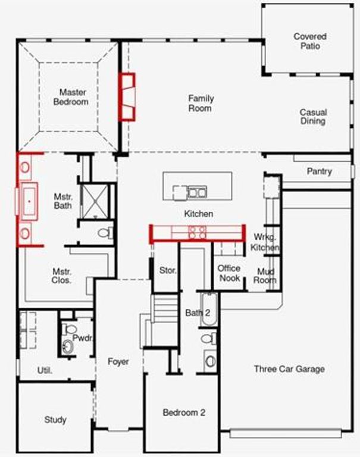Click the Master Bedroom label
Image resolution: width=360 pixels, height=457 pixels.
(73, 97)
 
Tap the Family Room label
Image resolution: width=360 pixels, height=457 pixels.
(201, 103)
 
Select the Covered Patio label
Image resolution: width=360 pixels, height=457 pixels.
(309, 41)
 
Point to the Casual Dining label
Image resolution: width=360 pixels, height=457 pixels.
(312, 117)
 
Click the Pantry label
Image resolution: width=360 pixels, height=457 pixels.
(319, 171)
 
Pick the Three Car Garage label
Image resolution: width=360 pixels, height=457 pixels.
(289, 369)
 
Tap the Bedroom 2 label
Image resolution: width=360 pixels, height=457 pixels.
(184, 412)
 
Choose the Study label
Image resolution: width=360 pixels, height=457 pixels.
(55, 420)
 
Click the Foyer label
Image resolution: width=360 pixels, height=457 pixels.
(118, 361)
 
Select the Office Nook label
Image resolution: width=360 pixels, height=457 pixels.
(228, 273)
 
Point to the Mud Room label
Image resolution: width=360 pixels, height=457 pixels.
(265, 276)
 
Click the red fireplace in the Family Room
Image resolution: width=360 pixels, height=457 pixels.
(127, 96)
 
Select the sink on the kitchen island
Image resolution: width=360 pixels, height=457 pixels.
(197, 192)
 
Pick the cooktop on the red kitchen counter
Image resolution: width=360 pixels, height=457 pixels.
(197, 232)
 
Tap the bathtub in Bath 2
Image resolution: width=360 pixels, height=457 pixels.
(209, 308)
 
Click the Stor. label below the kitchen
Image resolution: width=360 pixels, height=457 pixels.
(168, 270)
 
